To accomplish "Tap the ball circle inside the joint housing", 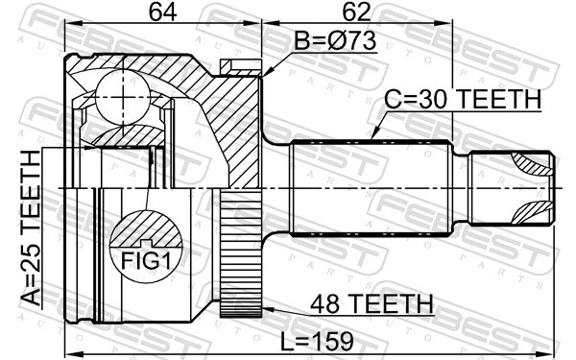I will tap(122, 91).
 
